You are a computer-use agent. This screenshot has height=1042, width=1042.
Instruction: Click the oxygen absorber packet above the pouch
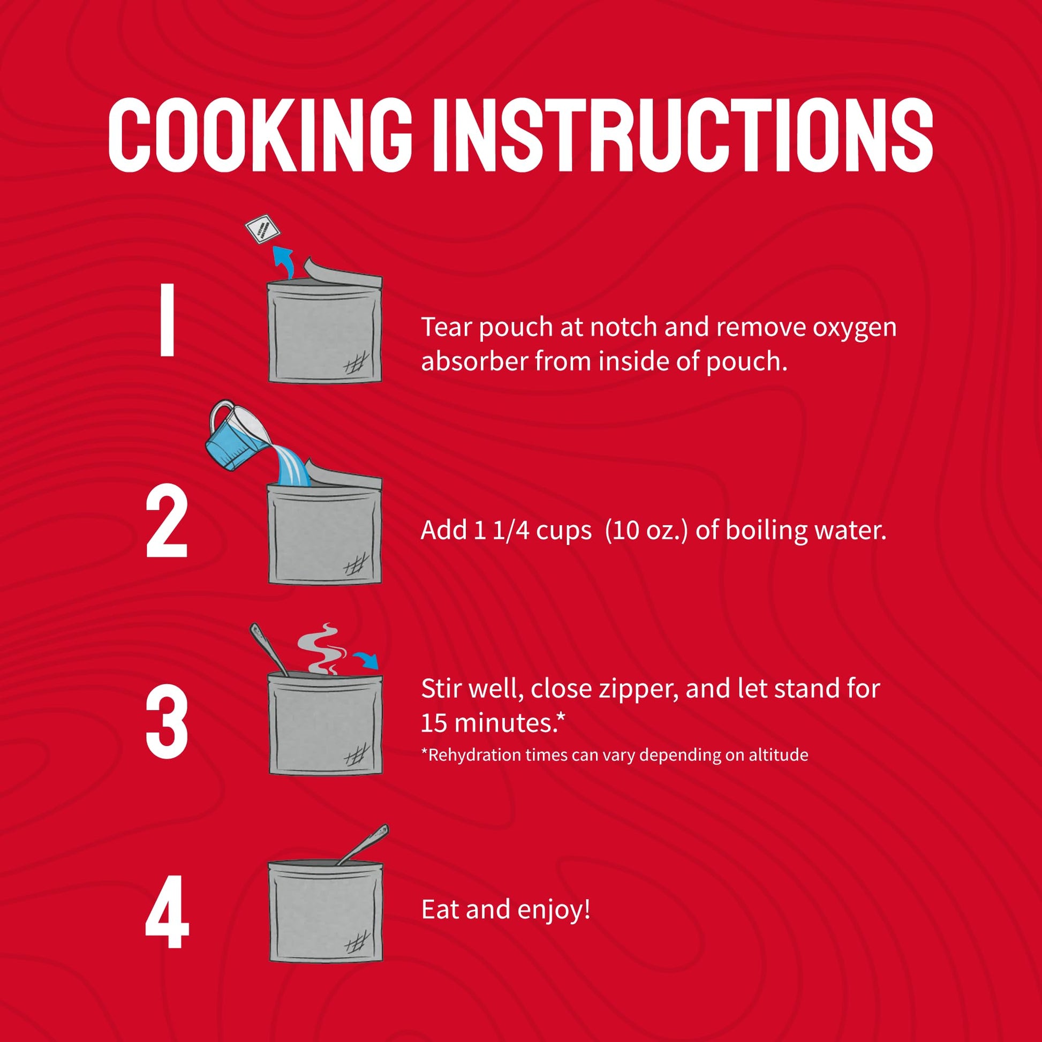click(262, 229)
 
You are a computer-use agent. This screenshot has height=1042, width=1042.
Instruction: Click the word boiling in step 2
click(764, 531)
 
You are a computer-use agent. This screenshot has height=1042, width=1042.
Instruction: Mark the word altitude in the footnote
click(778, 754)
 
